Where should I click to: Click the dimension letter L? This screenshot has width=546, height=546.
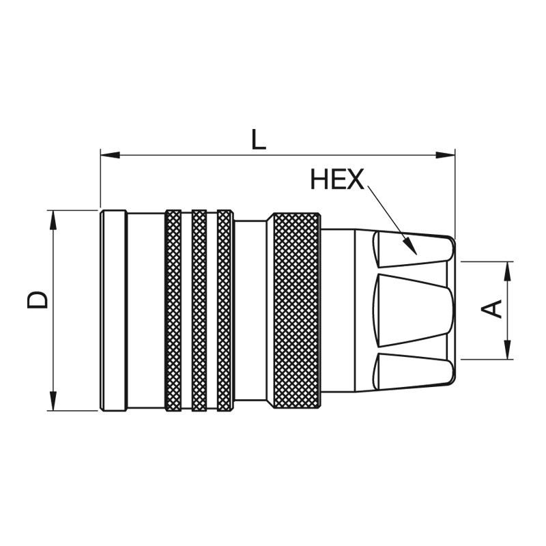tap(258, 140)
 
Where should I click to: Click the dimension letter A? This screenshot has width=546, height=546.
tap(491, 309)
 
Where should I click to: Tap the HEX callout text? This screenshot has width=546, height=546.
tap(337, 179)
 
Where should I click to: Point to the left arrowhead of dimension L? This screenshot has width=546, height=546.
tap(110, 155)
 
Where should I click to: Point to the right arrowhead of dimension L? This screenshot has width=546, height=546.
tap(446, 155)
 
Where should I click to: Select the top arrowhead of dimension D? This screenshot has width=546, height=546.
tap(53, 220)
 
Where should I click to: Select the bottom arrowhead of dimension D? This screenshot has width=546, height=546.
tap(53, 401)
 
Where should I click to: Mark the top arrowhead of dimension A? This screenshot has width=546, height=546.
tap(508, 271)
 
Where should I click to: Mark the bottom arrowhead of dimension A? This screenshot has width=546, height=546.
tap(508, 349)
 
